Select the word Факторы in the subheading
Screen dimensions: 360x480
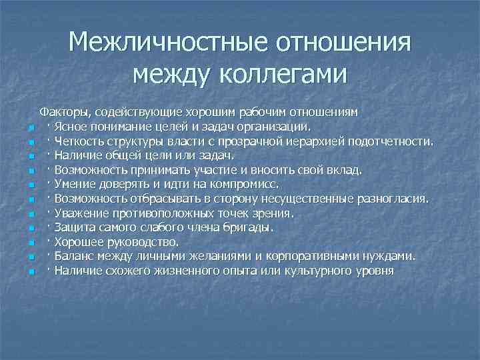click(x=65, y=111)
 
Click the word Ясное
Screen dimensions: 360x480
click(x=70, y=126)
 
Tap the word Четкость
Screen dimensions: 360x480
click(x=78, y=141)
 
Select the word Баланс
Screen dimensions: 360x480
click(x=74, y=257)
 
